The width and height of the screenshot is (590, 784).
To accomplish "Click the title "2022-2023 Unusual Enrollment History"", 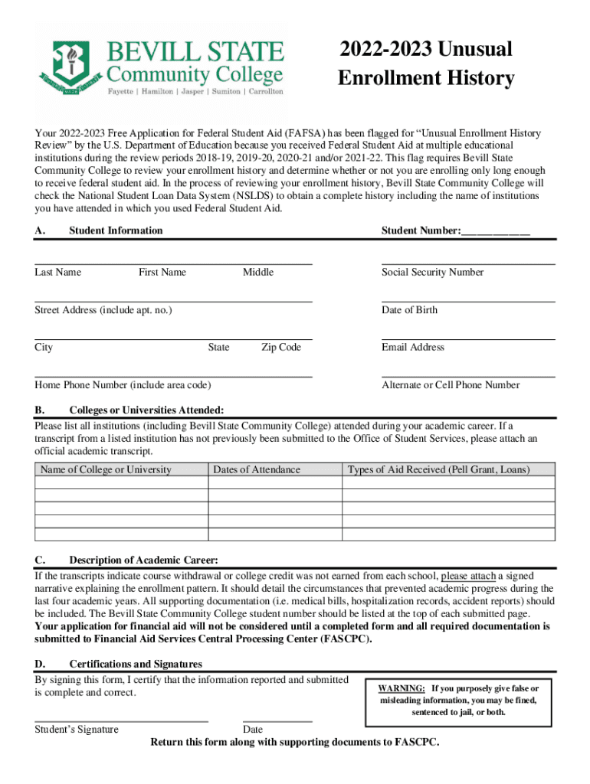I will click(x=425, y=64).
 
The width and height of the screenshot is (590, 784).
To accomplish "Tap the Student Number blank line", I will click(x=496, y=231).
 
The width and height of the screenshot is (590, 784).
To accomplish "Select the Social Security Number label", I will click(x=432, y=273).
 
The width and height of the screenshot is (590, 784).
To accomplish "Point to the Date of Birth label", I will click(x=409, y=310).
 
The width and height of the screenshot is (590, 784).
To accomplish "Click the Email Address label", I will click(x=412, y=348).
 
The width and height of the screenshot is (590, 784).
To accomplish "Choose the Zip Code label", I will click(x=280, y=348).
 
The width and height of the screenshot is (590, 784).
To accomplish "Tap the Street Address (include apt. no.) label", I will click(x=103, y=310).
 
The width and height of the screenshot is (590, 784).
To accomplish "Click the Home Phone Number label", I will click(x=123, y=385).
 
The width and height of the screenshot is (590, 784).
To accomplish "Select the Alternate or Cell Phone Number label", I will click(x=451, y=385).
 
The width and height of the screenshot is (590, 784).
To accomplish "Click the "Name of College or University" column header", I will click(x=106, y=469).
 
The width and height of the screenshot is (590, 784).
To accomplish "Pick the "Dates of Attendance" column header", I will click(x=257, y=469).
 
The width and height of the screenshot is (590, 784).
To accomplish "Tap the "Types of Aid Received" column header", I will click(x=438, y=469).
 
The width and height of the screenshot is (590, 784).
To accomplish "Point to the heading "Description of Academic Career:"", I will click(x=143, y=560).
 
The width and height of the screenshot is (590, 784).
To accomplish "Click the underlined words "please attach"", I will click(x=469, y=576).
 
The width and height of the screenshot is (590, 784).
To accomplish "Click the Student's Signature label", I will click(x=77, y=730).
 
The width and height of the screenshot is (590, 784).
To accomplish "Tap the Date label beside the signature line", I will click(x=253, y=730).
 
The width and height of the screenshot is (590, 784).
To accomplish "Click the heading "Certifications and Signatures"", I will click(x=136, y=665).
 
